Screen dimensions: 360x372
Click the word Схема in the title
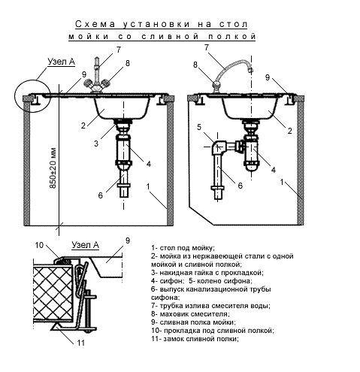[95, 24]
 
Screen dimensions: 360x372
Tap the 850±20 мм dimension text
[53, 168]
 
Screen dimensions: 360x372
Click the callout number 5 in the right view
[199, 127]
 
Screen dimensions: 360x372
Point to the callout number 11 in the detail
[80, 343]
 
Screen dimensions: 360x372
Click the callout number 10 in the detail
[39, 245]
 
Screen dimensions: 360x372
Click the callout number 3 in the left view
[96, 144]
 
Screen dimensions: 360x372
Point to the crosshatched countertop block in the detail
[53, 295]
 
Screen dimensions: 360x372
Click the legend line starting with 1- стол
[183, 248]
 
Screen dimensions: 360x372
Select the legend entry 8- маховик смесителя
[190, 314]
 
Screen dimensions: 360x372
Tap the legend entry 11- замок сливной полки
[195, 339]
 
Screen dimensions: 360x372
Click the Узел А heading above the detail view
[86, 245]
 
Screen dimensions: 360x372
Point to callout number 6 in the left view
[101, 195]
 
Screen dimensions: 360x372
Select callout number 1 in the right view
[282, 182]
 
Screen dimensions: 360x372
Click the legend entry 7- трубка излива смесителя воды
[210, 306]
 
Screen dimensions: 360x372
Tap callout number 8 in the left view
[128, 63]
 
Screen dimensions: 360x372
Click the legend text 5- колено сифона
[221, 281]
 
